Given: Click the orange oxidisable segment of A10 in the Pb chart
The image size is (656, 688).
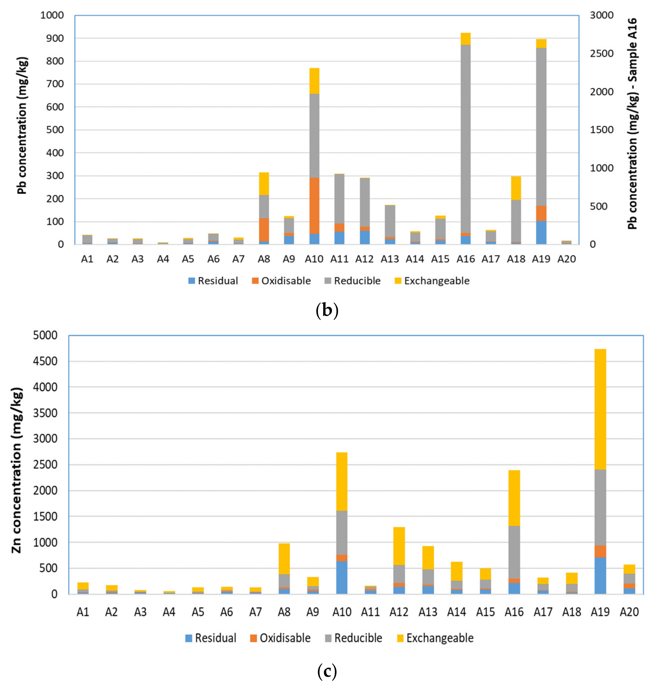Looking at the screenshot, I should (x=314, y=206).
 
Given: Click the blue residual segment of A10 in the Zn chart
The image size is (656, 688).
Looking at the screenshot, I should (x=342, y=577).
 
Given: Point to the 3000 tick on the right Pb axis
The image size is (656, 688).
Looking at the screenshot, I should (x=601, y=15).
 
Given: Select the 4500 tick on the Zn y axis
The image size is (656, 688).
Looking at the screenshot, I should (x=45, y=361).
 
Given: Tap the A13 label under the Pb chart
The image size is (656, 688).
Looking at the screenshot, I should (x=390, y=259).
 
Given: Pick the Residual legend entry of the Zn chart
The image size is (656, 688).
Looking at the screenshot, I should (x=211, y=638).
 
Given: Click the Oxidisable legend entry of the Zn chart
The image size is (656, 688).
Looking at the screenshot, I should (x=280, y=638).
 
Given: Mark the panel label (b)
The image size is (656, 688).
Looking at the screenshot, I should (x=327, y=310).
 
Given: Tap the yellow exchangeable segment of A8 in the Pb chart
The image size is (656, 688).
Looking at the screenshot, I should (x=264, y=183).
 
